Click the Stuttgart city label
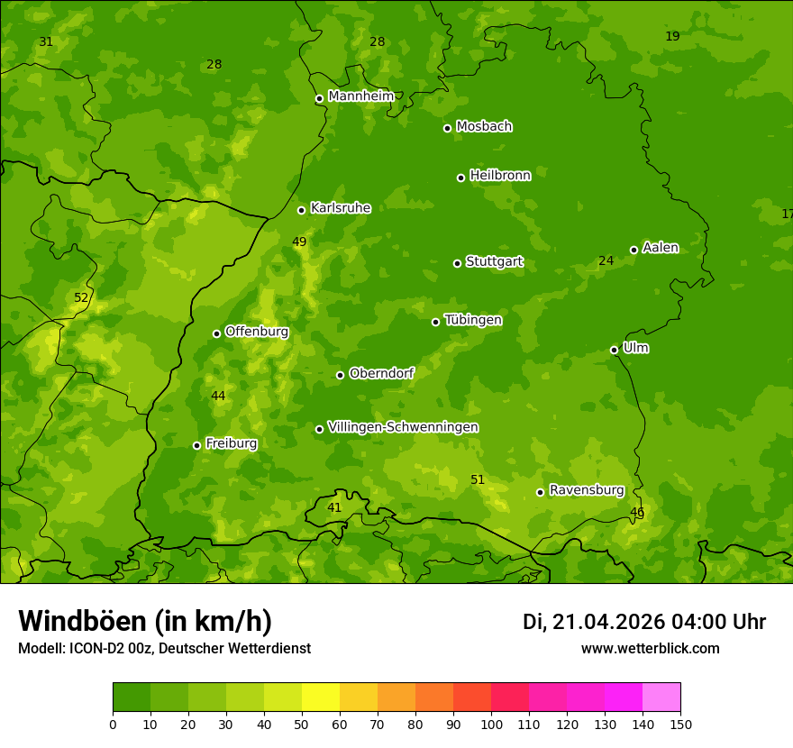coord(494,262)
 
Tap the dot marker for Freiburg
coord(196,445)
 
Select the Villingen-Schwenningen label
coord(403,427)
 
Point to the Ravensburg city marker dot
coord(540,492)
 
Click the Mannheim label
coord(361,96)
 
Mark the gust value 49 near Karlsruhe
coord(299,242)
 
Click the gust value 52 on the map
coord(81,297)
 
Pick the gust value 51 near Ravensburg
coord(478,479)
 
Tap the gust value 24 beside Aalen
coord(606,260)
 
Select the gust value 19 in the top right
coord(672,36)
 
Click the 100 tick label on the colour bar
coord(491,724)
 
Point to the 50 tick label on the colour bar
coord(302,724)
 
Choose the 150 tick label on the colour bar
coord(680,724)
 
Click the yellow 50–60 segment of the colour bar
coord(321,698)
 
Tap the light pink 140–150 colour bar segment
coord(661,698)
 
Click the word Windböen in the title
coord(82,621)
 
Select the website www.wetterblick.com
coord(650,648)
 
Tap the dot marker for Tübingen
coord(435,322)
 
